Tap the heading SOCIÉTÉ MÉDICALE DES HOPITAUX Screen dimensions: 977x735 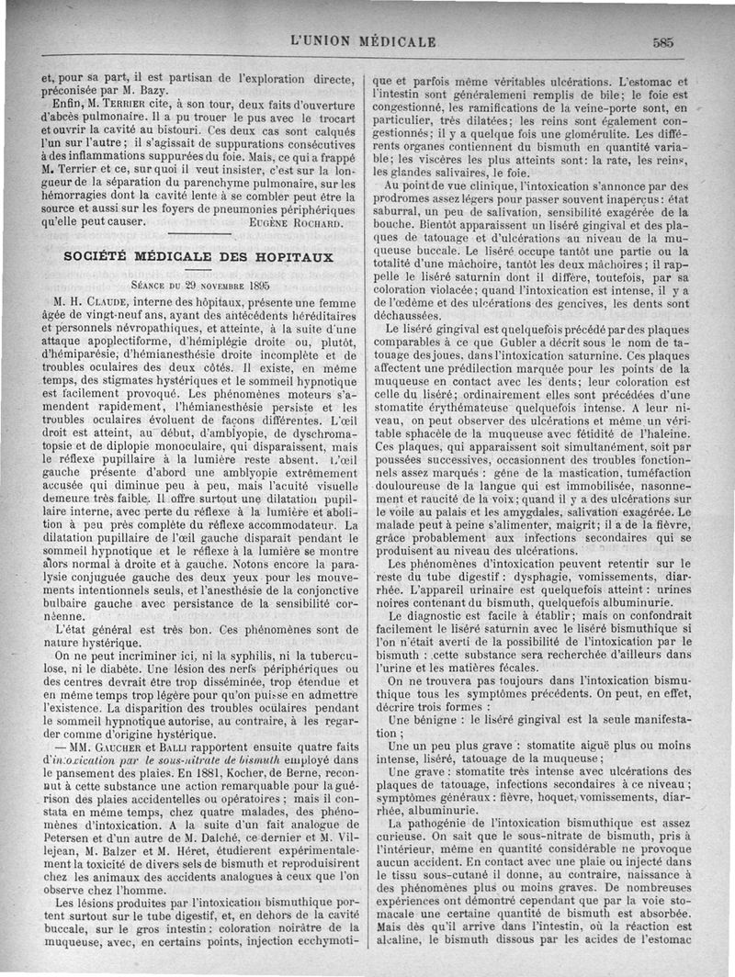(x=198, y=257)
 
